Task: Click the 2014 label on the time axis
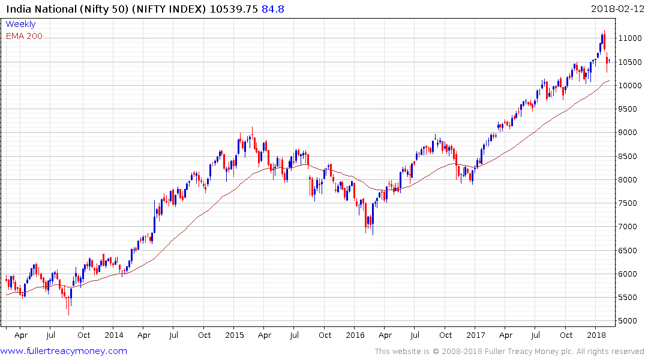[113, 335]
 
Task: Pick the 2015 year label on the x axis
[235, 335]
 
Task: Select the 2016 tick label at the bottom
[355, 335]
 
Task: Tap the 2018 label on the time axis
[596, 335]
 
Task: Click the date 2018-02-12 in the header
[616, 9]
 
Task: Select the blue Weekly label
[20, 24]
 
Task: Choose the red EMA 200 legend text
[24, 36]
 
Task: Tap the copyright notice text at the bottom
[509, 351]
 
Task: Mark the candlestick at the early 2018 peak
[604, 41]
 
